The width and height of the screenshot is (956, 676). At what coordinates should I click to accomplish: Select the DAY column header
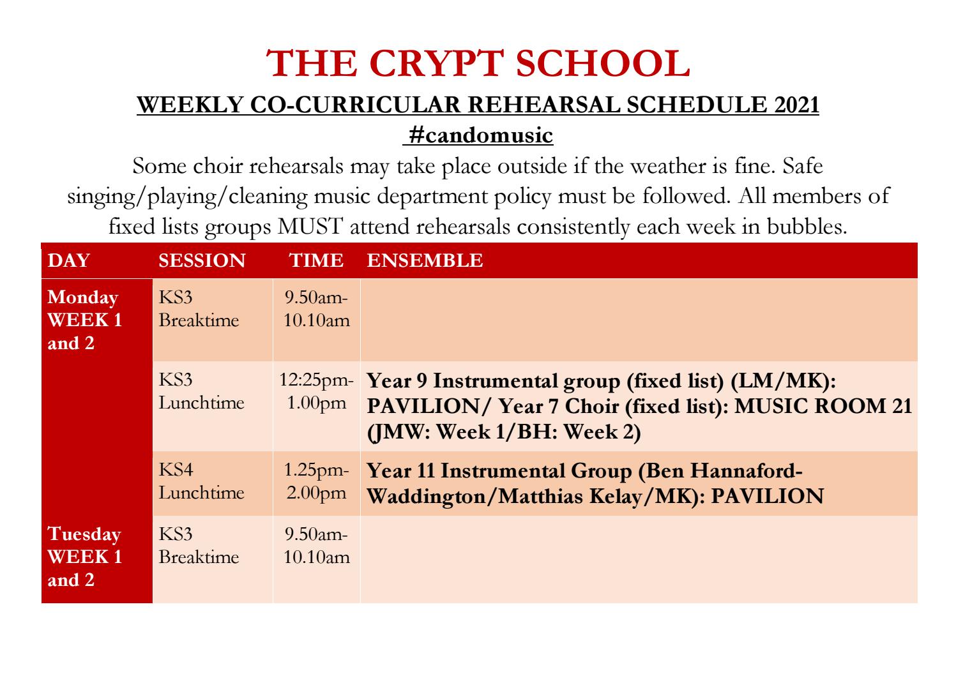click(69, 260)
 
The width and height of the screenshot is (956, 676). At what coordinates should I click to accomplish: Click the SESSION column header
click(202, 260)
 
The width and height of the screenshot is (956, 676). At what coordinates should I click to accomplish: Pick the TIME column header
click(316, 260)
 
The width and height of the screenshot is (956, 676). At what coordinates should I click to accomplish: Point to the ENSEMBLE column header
click(425, 260)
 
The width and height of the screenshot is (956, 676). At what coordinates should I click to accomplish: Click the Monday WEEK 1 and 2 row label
click(84, 320)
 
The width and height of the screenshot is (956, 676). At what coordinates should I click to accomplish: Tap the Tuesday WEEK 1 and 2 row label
click(84, 557)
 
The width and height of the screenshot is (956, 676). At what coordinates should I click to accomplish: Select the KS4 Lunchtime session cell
click(201, 482)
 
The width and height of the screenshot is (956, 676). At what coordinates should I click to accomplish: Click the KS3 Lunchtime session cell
click(201, 392)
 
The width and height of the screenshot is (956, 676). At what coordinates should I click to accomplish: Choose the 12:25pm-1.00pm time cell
click(317, 392)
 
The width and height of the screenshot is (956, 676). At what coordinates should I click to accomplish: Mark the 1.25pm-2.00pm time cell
click(317, 482)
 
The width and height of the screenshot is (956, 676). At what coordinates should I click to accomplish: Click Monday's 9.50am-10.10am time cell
click(317, 309)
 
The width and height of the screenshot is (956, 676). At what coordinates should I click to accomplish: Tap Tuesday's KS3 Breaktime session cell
click(199, 546)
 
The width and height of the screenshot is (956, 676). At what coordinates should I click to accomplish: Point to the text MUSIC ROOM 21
click(824, 407)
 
